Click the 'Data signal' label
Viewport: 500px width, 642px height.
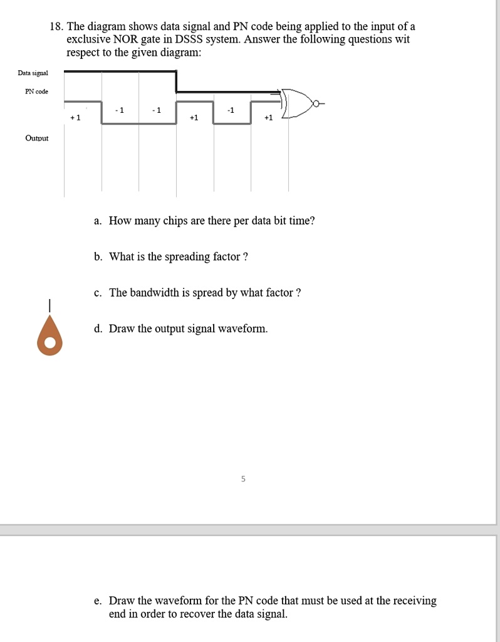(x=33, y=73)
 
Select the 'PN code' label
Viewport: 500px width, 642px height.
(x=36, y=92)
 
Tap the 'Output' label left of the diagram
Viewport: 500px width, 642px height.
(x=37, y=138)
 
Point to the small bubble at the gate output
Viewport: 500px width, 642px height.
(x=318, y=103)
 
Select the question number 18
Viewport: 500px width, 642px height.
(x=56, y=27)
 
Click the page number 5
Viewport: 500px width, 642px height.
(x=244, y=480)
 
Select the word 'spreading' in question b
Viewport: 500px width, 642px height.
(x=187, y=256)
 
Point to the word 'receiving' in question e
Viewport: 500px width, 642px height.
(x=414, y=601)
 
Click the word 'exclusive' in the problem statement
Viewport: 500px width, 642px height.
(x=88, y=39)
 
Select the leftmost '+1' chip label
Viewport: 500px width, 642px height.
(x=75, y=117)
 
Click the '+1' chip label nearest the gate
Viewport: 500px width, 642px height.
(x=268, y=117)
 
